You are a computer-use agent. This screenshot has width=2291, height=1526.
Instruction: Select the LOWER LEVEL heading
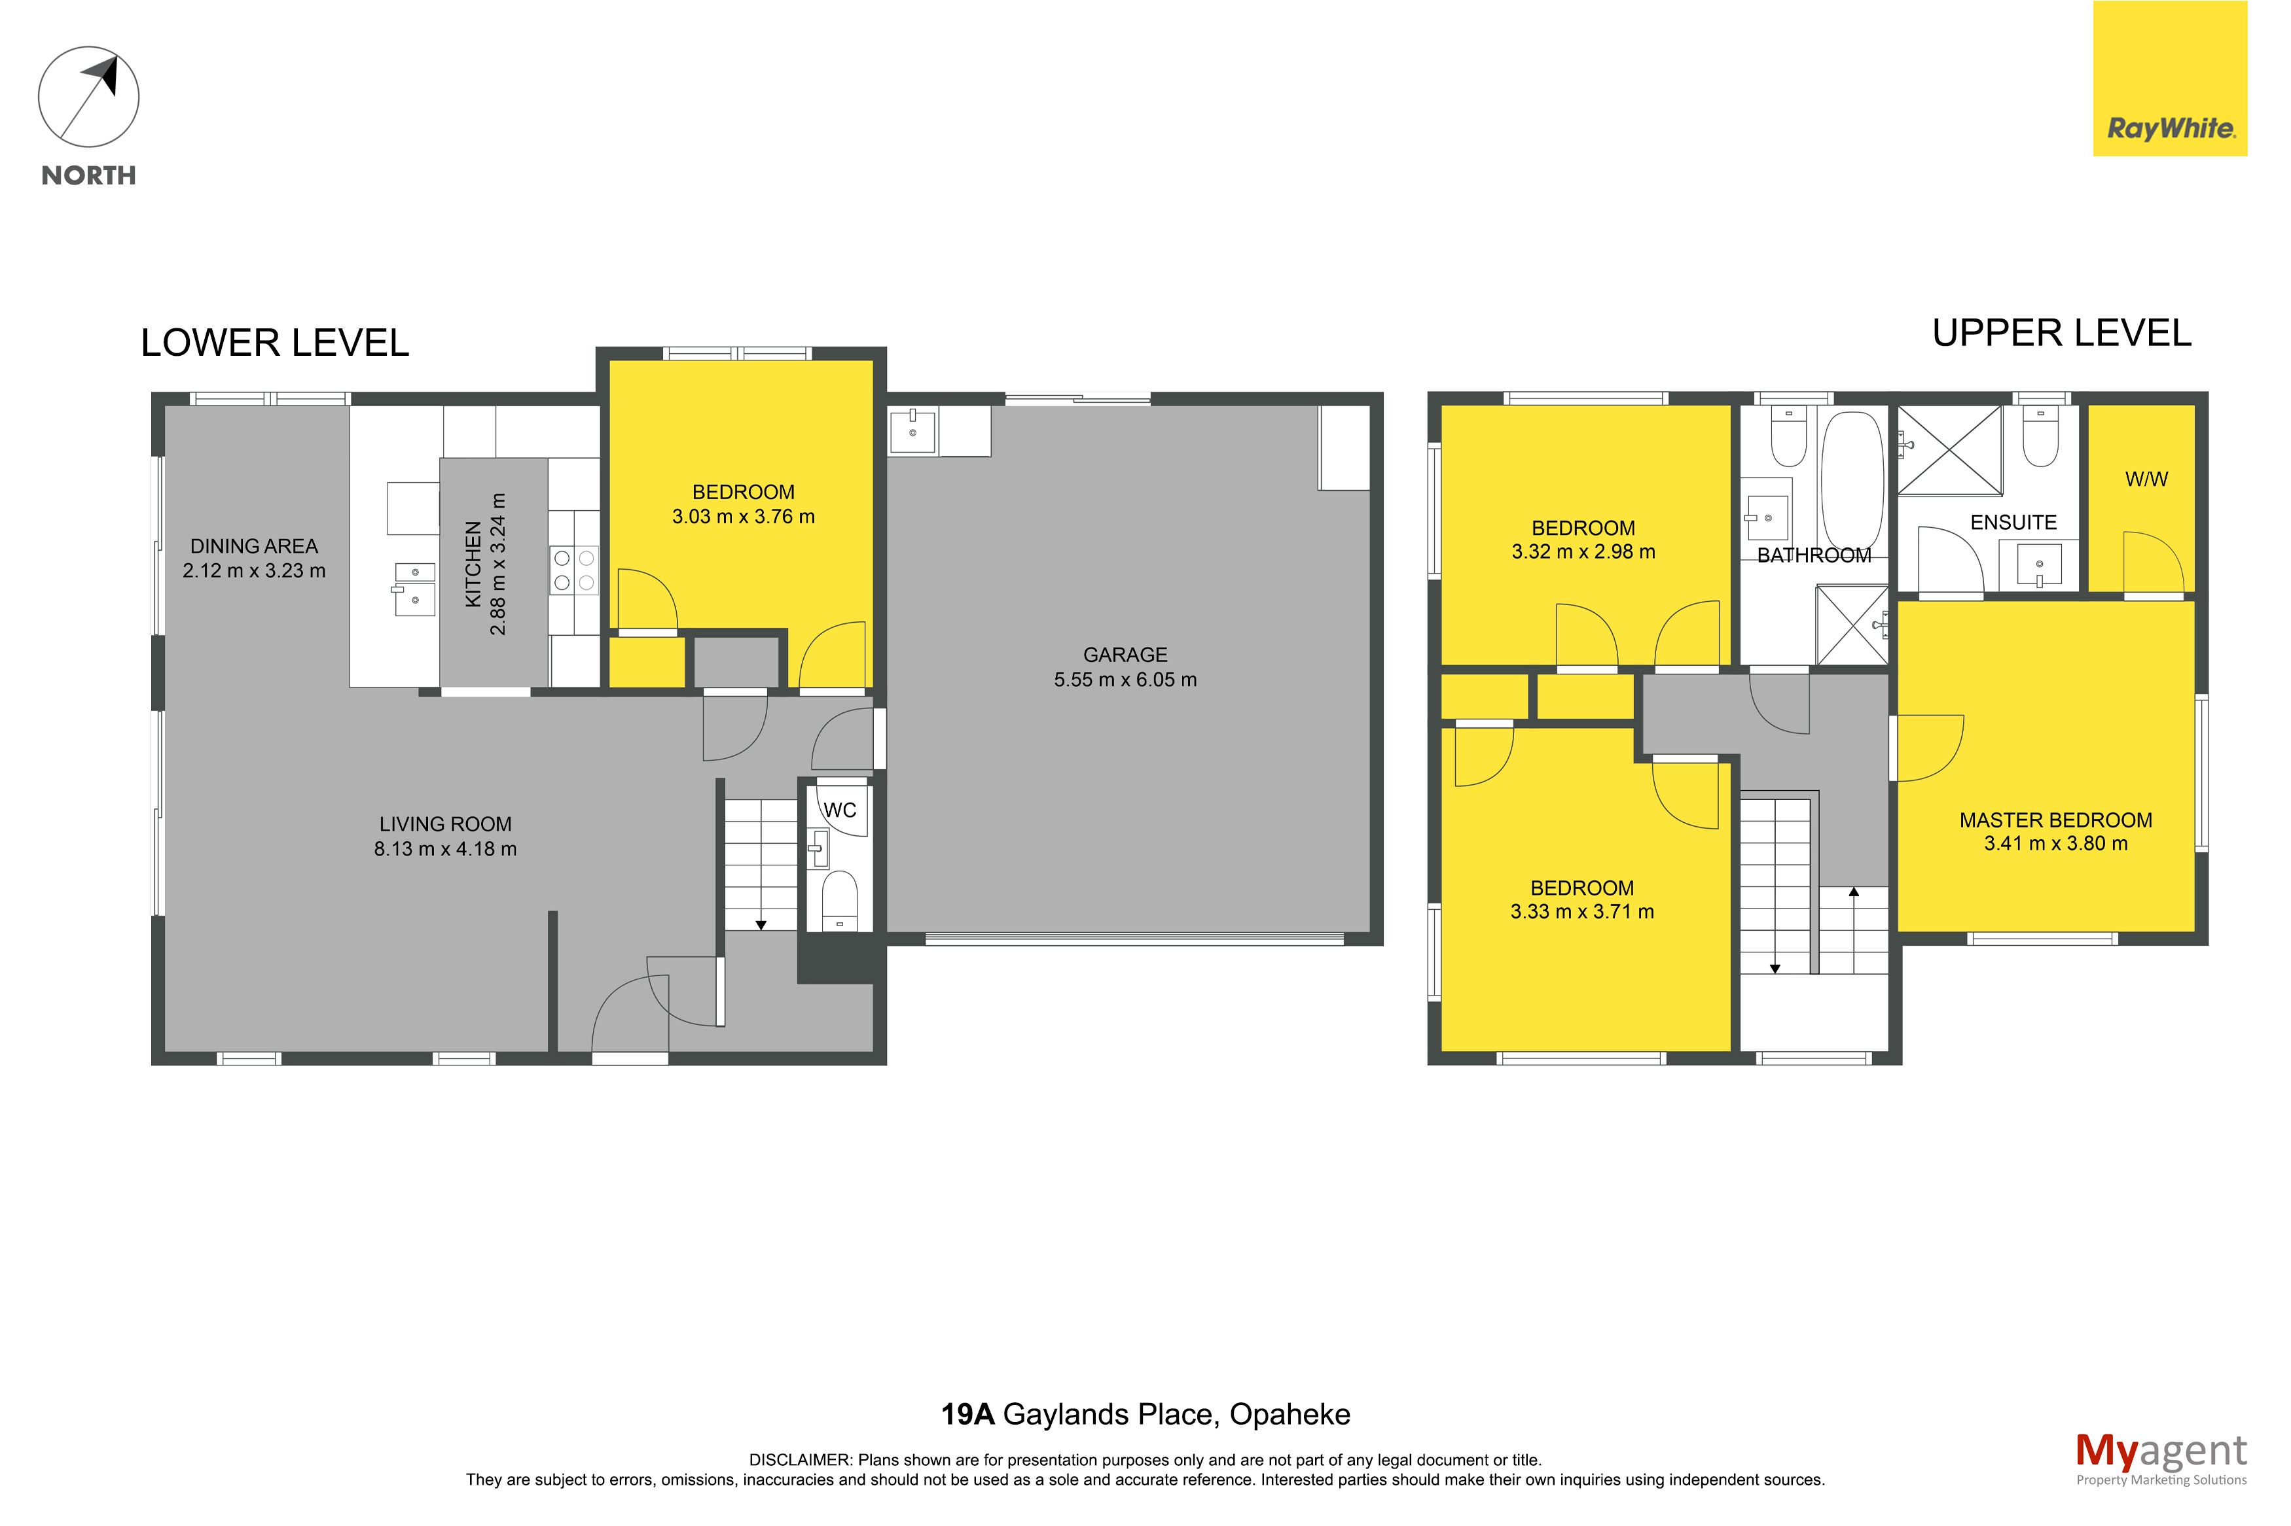pos(274,343)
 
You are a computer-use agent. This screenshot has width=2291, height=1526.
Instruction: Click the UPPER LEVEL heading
pos(2061,334)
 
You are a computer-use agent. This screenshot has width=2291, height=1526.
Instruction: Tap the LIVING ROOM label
pos(445,824)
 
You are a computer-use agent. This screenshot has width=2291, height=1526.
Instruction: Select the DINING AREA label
pos(253,546)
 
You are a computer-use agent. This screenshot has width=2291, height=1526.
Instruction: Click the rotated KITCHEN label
pos(473,564)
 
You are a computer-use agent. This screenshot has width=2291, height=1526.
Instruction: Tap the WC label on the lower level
pos(839,810)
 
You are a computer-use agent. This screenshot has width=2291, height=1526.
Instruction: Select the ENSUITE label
pos(2013,523)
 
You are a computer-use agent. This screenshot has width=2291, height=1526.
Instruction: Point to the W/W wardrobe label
pos(2146,479)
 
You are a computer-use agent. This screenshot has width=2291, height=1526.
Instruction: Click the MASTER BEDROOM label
pos(2055,820)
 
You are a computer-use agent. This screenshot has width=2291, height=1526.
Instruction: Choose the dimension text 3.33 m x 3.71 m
pos(1581,912)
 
